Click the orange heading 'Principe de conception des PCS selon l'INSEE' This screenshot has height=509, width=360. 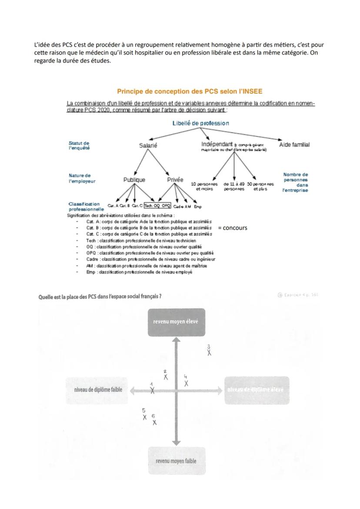pyautogui.click(x=190, y=91)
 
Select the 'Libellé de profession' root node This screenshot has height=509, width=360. pyautogui.click(x=200, y=123)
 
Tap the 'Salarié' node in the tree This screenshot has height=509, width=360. pyautogui.click(x=148, y=146)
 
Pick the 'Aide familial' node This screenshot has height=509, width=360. pyautogui.click(x=294, y=145)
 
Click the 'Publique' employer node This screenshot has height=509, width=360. pyautogui.click(x=134, y=180)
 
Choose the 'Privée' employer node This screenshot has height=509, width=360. pyautogui.click(x=175, y=180)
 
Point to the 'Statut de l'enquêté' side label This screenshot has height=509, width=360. pyautogui.click(x=79, y=145)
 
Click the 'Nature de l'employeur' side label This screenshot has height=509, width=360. pyautogui.click(x=82, y=178)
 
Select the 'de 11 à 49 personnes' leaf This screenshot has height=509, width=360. pyautogui.click(x=234, y=186)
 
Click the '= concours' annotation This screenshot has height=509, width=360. pyautogui.click(x=233, y=227)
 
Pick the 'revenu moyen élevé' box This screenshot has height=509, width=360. pyautogui.click(x=176, y=322)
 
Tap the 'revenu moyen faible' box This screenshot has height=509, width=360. pyautogui.click(x=176, y=461)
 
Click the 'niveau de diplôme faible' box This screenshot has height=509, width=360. pyautogui.click(x=98, y=390)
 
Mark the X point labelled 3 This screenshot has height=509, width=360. pyautogui.click(x=209, y=353)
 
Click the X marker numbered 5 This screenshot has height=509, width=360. pyautogui.click(x=145, y=417)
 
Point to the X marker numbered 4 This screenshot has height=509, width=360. pyautogui.click(x=186, y=383)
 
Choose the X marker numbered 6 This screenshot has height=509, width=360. pyautogui.click(x=154, y=422)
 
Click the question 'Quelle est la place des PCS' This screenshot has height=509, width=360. pyautogui.click(x=100, y=296)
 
